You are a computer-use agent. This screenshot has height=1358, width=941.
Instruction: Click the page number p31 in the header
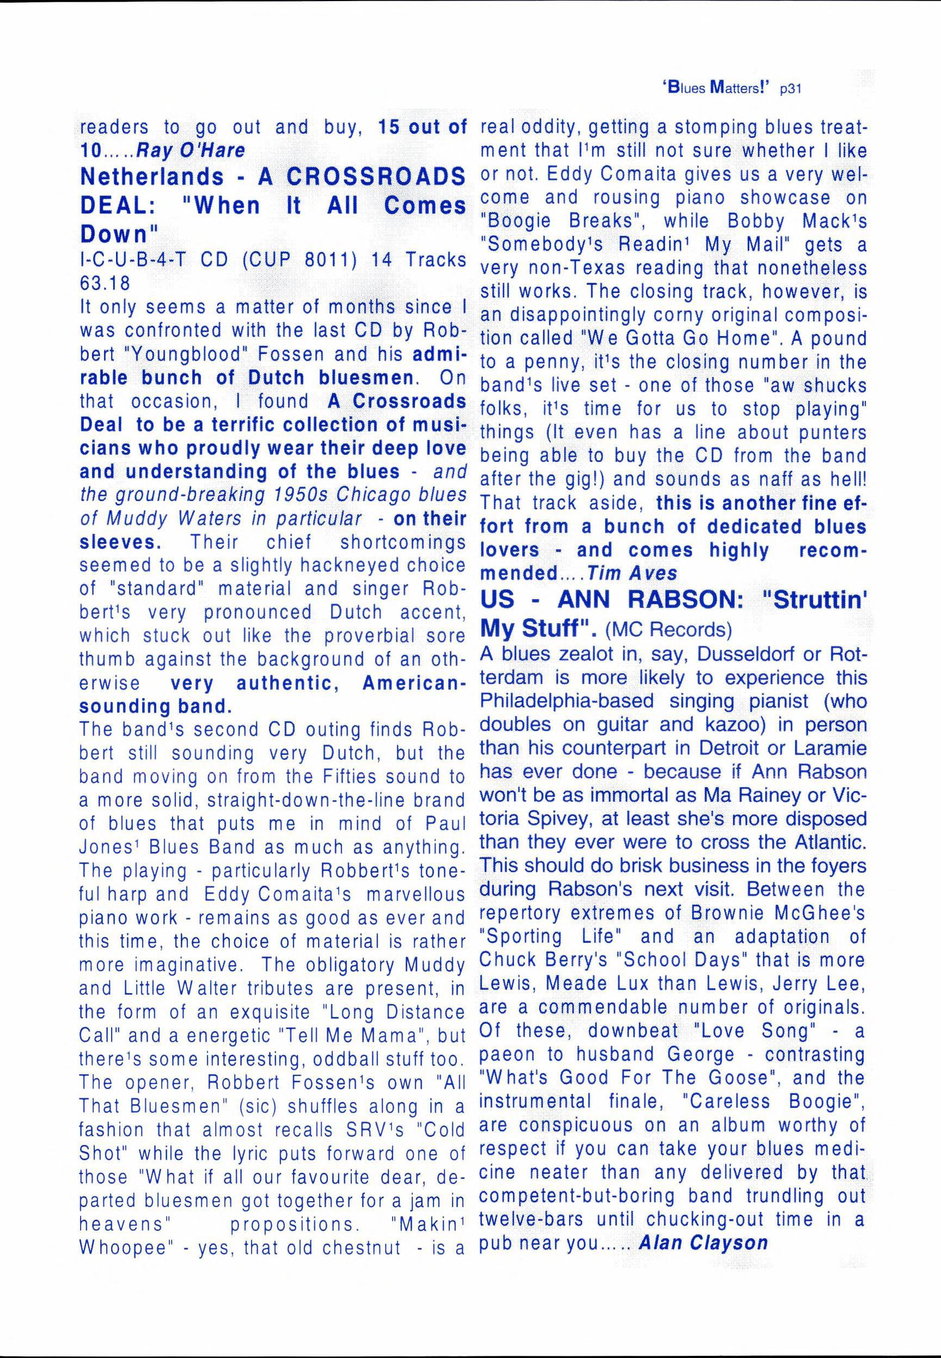(x=790, y=89)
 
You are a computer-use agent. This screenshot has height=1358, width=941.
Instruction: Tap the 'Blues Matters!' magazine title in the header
(x=715, y=88)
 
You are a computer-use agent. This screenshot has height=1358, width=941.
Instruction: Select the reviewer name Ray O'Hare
(x=191, y=151)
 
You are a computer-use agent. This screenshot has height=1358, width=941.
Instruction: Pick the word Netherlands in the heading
(x=152, y=176)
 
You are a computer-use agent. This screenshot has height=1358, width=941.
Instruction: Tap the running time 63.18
(x=105, y=283)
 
